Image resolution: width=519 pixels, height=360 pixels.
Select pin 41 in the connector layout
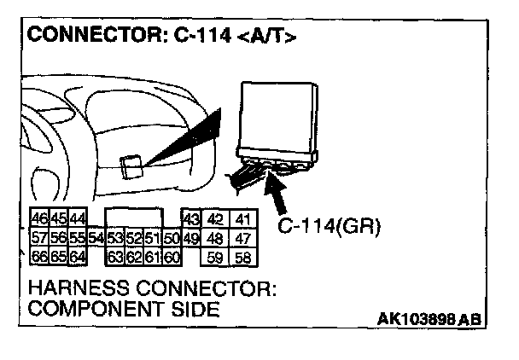tap(243, 220)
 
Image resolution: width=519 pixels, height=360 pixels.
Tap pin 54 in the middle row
tap(95, 238)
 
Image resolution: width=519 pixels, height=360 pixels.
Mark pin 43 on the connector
tap(190, 220)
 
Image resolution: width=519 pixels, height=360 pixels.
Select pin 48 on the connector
tap(215, 238)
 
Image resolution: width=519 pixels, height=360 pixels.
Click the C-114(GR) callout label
tap(329, 227)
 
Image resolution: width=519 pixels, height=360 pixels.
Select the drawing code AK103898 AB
tap(429, 318)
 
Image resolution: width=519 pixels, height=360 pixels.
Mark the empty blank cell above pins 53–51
tap(132, 218)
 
